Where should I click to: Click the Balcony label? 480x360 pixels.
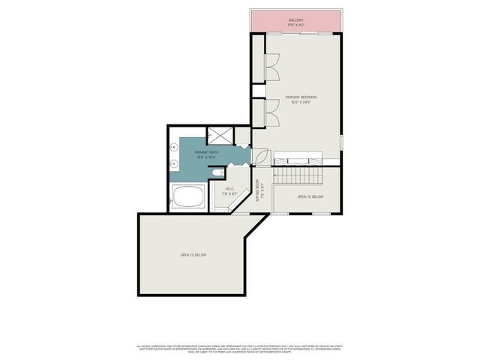pos(296,21)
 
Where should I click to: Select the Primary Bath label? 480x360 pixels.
pos(207,153)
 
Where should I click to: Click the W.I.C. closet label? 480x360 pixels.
pos(229,189)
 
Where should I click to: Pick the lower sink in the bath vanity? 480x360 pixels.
pos(173,162)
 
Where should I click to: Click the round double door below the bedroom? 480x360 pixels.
pos(261,157)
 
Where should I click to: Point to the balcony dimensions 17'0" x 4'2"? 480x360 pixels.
pos(296,25)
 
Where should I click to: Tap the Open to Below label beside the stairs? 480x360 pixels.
pos(310,196)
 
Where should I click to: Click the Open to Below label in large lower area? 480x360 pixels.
pos(193,255)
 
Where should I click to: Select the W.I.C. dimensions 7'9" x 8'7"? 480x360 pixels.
pos(229,193)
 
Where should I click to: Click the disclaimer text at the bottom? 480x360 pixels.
pos(240,348)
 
